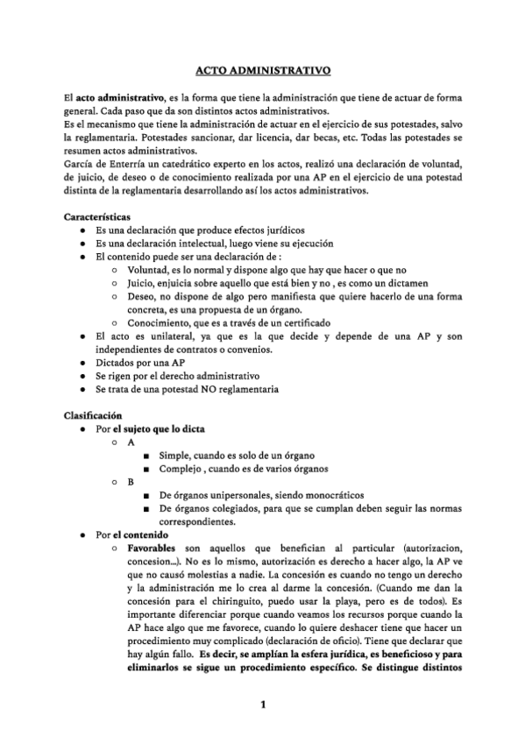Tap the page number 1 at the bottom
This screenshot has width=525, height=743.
coord(262,704)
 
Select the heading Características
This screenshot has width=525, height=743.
coord(98,216)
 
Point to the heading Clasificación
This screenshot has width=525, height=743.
coord(94,414)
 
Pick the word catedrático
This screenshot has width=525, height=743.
coord(204,164)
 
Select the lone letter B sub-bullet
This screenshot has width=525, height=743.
coord(131,481)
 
